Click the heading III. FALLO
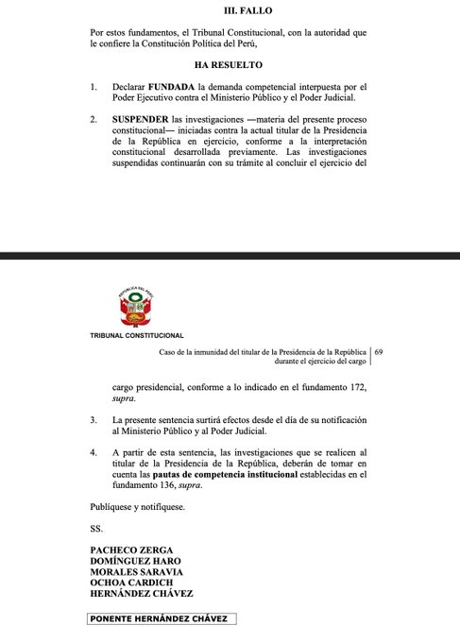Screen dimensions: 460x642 pyautogui.click(x=229, y=10)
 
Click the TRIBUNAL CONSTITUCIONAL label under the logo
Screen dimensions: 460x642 pyautogui.click(x=136, y=335)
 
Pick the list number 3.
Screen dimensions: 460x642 pyautogui.click(x=93, y=417)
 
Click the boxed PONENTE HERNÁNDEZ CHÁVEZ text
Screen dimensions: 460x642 pyautogui.click(x=158, y=618)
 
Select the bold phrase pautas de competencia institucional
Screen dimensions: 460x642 pyautogui.click(x=276, y=478)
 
